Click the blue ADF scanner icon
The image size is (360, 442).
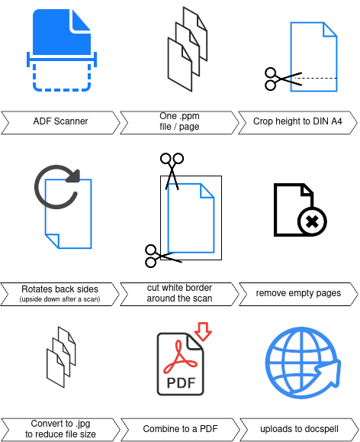click(x=62, y=50)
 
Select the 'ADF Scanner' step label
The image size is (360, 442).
click(x=60, y=121)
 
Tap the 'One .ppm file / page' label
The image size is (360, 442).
click(x=179, y=121)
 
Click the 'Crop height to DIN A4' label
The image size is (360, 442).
click(x=297, y=121)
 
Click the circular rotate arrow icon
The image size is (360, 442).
click(x=57, y=187)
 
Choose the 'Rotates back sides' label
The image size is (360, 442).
click(x=59, y=289)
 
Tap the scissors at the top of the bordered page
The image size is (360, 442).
click(x=172, y=171)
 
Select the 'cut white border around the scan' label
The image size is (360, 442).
click(x=179, y=293)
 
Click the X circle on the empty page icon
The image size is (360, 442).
click(x=312, y=221)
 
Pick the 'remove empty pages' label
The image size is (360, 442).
click(x=298, y=293)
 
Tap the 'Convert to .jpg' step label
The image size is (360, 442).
click(x=60, y=424)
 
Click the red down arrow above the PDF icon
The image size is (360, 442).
click(x=203, y=331)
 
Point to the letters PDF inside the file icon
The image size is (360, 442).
click(x=181, y=382)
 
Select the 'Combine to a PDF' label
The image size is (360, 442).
click(x=180, y=429)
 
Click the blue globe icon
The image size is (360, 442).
click(x=303, y=363)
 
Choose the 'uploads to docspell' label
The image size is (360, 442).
click(x=299, y=429)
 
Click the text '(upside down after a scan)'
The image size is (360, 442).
click(x=59, y=299)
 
